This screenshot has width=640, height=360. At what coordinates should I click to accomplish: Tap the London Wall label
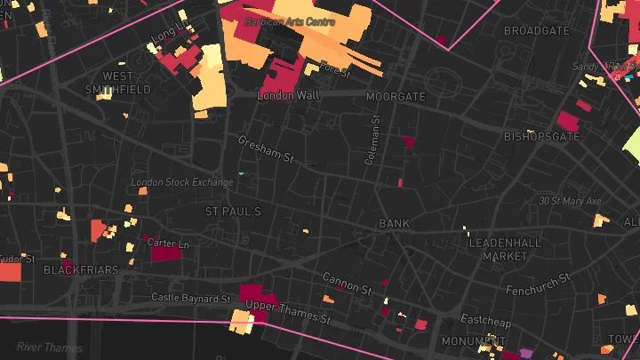tap(287, 95)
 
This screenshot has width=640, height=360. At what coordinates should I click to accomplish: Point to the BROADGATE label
tap(536, 30)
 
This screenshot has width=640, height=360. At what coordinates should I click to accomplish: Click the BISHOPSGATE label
tap(541, 137)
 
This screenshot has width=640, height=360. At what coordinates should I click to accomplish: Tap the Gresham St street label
tap(265, 149)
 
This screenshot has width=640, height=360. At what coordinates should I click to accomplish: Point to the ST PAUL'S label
tap(233, 212)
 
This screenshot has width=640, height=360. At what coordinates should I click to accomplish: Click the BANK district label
tap(393, 223)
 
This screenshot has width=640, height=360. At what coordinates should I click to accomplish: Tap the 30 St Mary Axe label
tap(570, 202)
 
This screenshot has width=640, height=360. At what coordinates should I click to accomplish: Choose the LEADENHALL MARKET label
tap(505, 249)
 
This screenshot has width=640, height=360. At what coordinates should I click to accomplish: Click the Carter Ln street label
tap(167, 243)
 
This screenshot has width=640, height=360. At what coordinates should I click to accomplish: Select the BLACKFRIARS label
tap(81, 269)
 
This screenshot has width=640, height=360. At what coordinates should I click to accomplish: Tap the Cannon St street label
tap(347, 284)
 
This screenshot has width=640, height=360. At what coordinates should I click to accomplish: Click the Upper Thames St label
tap(288, 311)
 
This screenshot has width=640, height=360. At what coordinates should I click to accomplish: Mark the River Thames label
tap(51, 348)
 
